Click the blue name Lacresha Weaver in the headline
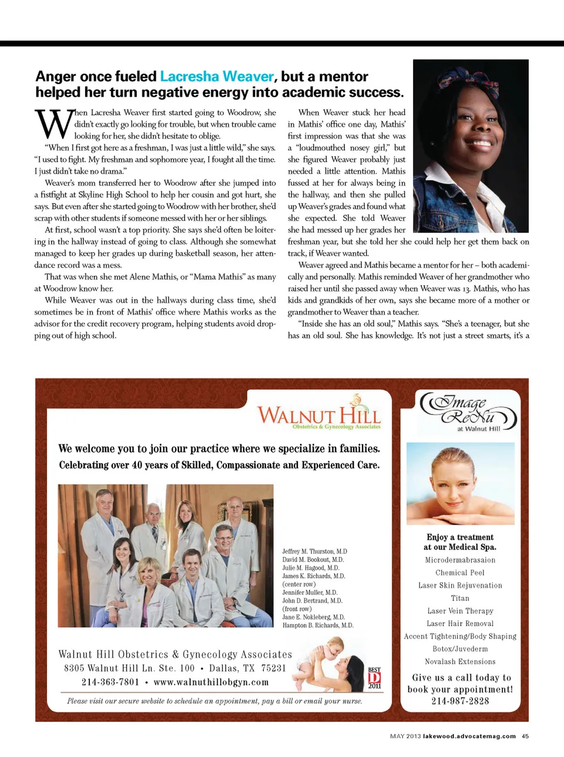216,77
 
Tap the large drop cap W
53,124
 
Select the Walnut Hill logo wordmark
319,414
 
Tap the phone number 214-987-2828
460,701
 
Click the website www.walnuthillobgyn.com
211,682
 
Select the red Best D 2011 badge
374,677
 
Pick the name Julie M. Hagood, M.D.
310,568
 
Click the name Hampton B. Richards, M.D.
317,626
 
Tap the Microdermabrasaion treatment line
460,560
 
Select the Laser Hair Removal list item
460,624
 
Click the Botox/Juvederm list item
460,649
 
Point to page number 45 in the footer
525,736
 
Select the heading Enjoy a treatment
460,537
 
